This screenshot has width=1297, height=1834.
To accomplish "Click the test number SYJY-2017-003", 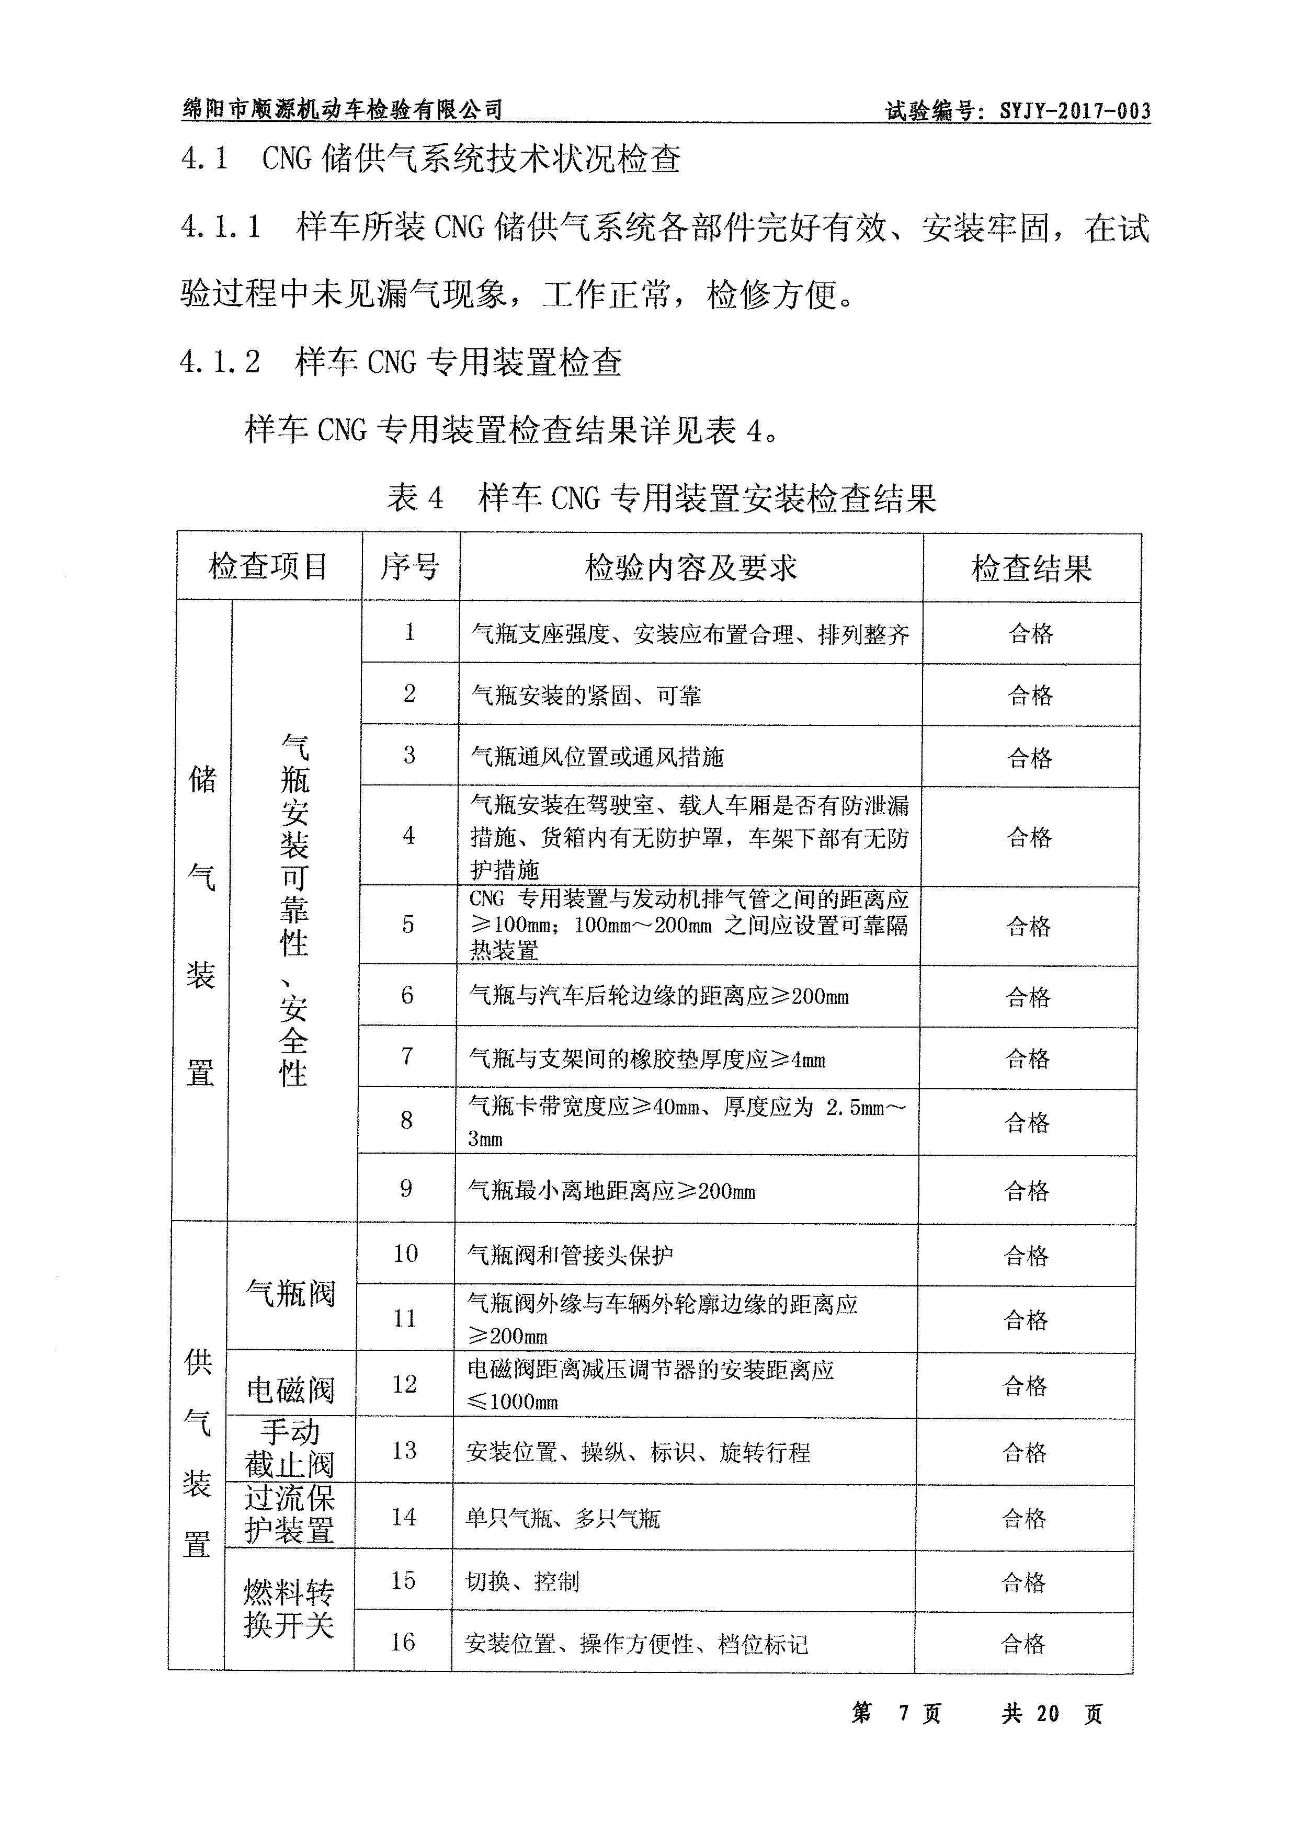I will (1074, 111).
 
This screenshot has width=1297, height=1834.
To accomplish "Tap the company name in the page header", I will (342, 109).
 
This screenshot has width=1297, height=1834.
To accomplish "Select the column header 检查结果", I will (1031, 568).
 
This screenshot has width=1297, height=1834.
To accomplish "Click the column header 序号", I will (409, 567).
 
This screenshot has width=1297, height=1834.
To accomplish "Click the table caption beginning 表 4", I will (661, 498).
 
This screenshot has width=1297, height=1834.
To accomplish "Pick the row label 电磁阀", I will (290, 1390).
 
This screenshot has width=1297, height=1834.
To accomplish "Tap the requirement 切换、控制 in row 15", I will (522, 1581).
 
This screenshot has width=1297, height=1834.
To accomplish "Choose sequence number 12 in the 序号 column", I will (405, 1384).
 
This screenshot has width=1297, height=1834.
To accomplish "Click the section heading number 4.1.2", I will (220, 362).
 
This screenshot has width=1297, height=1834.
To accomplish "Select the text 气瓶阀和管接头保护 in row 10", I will (570, 1256).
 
